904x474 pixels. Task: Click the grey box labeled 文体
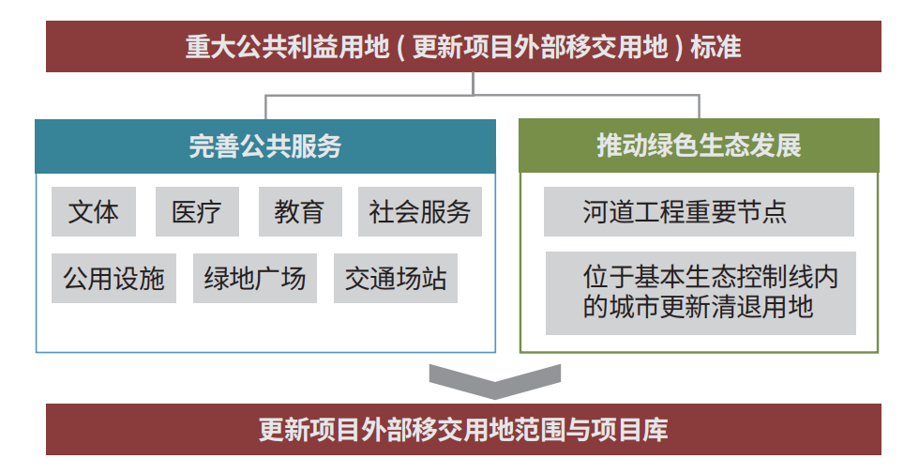(x=94, y=211)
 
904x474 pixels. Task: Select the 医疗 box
(x=197, y=211)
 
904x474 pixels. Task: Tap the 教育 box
(x=300, y=211)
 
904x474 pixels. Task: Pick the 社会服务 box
(x=420, y=211)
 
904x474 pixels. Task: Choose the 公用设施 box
(x=113, y=278)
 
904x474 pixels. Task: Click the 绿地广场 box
(x=255, y=278)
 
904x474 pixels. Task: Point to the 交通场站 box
(x=396, y=278)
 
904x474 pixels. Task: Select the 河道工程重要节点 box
(x=699, y=211)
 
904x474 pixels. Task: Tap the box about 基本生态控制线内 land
(x=701, y=293)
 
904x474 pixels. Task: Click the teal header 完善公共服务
(x=265, y=146)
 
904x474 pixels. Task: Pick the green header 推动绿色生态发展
(x=699, y=145)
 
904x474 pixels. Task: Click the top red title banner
(x=463, y=47)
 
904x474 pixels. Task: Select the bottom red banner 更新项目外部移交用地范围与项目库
(x=463, y=430)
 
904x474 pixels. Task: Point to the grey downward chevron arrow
(x=494, y=382)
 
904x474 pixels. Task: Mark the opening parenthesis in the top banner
(x=400, y=47)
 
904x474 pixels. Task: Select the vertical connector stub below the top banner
(x=473, y=84)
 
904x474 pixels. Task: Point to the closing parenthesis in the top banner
(x=678, y=47)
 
